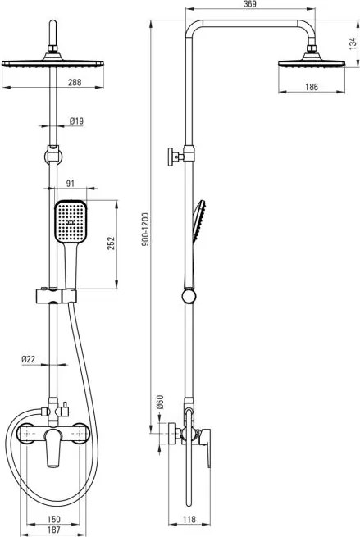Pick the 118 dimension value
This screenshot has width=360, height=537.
[190, 518]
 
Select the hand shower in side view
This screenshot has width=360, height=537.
[199, 221]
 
